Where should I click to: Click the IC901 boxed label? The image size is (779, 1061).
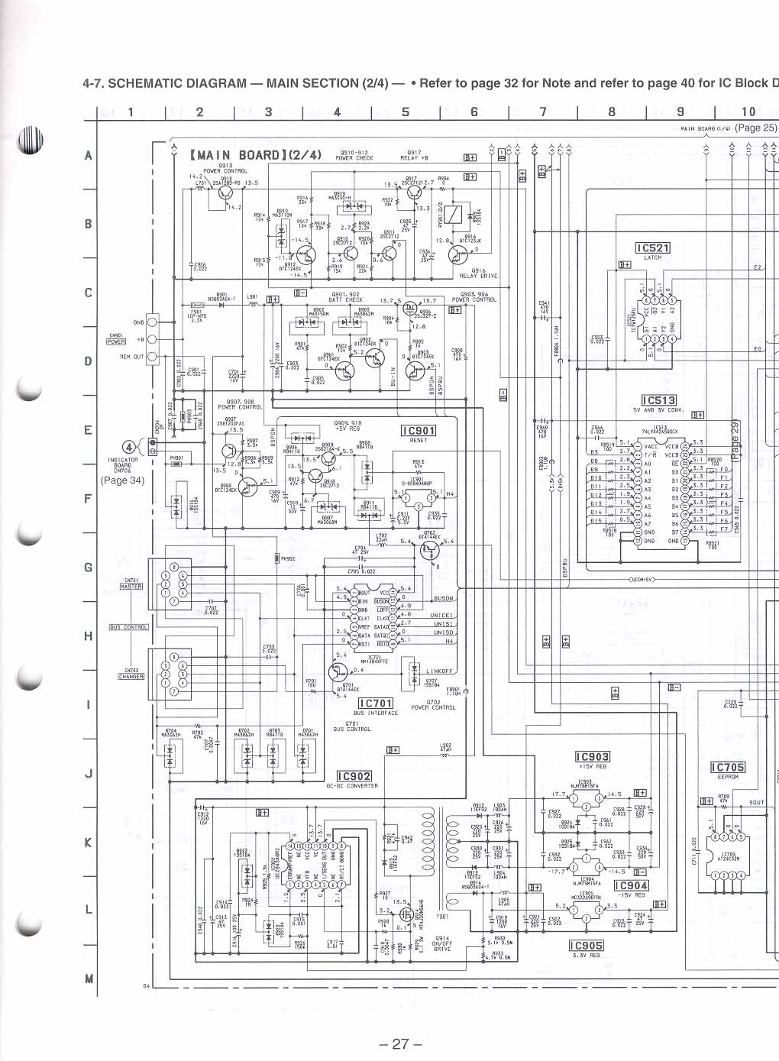click(x=419, y=431)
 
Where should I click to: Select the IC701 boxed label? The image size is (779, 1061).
click(x=376, y=704)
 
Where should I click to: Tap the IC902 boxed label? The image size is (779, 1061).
click(x=354, y=776)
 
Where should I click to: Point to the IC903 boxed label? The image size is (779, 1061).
click(x=592, y=757)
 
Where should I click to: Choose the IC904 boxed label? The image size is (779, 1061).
click(x=631, y=885)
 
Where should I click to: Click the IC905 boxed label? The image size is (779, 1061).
click(x=586, y=946)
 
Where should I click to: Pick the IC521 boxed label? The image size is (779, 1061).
click(x=653, y=248)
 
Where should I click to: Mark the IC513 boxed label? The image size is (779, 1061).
click(x=658, y=400)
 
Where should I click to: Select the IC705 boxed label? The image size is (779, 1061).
click(x=727, y=768)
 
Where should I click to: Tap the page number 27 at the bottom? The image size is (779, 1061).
click(x=400, y=1044)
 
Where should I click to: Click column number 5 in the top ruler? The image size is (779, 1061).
click(x=406, y=112)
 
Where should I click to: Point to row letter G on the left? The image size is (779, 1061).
click(x=89, y=568)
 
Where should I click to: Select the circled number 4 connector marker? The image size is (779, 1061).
click(x=129, y=448)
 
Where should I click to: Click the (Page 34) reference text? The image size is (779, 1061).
click(x=122, y=480)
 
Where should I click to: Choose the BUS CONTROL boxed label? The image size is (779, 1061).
click(x=128, y=627)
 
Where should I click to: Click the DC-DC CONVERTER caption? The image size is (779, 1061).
click(x=352, y=786)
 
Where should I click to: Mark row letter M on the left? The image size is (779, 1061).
click(x=89, y=979)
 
